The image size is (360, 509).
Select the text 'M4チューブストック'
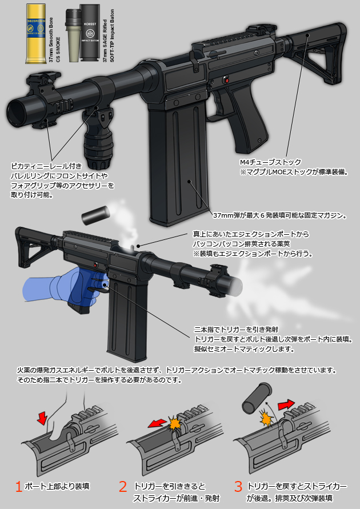click(270, 162)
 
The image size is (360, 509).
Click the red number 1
click(19, 487)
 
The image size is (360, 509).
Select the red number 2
click(122, 487)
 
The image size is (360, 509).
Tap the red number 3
click(238, 487)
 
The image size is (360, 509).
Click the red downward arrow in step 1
click(42, 417)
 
